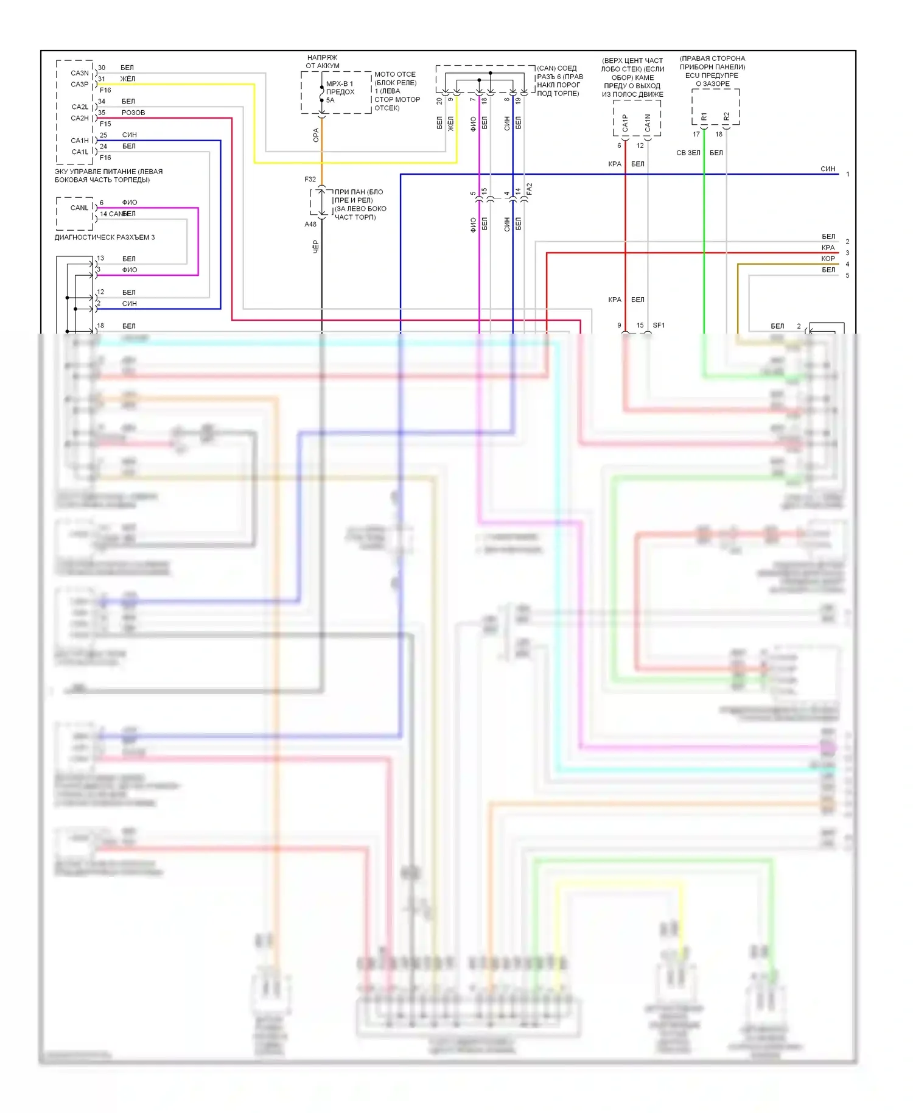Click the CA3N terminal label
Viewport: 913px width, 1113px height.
point(80,73)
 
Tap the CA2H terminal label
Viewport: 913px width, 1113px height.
point(80,118)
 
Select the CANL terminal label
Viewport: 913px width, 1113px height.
point(79,208)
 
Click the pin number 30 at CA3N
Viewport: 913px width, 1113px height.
point(102,68)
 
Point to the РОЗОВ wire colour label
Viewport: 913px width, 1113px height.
point(133,113)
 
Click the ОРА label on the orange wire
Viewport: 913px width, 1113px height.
point(316,135)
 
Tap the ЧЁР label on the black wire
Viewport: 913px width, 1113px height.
point(316,247)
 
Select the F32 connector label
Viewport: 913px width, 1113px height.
point(310,180)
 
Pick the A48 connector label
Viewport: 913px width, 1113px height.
point(310,224)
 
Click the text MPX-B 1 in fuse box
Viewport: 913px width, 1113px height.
point(340,84)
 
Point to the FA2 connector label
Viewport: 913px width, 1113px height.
point(530,189)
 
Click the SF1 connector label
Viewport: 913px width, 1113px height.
point(659,325)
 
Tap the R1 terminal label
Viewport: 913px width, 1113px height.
point(704,116)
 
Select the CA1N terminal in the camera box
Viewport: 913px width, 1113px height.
point(648,123)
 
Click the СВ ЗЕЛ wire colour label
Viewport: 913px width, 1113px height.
point(688,153)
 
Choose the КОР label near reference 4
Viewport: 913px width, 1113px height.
point(828,259)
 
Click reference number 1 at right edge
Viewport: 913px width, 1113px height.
point(847,174)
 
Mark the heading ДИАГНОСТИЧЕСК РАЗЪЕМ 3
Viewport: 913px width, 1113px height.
point(105,237)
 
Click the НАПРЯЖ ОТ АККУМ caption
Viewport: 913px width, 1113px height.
point(323,61)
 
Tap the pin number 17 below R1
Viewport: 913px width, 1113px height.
point(696,135)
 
